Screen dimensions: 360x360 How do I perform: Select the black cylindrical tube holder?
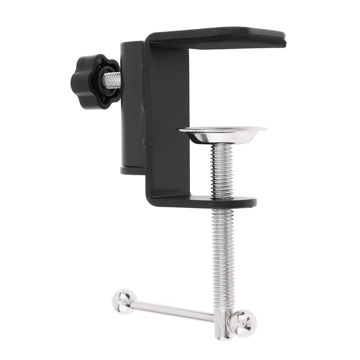click(131, 106)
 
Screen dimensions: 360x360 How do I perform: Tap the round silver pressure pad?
click(222, 134)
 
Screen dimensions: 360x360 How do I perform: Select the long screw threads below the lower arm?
click(223, 252)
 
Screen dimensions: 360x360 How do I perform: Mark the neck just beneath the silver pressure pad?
click(222, 145)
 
